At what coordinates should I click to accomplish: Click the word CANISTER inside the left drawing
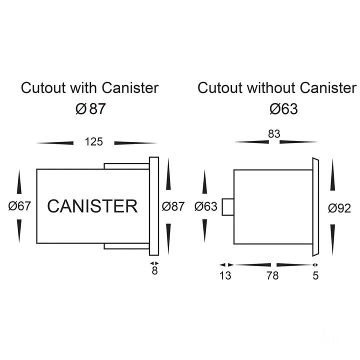(x=92, y=206)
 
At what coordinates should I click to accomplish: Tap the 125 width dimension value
(x=93, y=142)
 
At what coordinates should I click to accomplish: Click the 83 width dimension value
(x=274, y=134)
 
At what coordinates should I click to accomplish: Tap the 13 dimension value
(x=225, y=275)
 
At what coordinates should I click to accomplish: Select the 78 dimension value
(x=273, y=275)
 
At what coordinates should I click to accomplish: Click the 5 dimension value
(x=315, y=275)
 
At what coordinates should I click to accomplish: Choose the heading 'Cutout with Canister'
(x=90, y=88)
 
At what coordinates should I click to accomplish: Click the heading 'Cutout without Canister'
(x=277, y=88)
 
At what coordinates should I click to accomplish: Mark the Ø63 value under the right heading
(x=283, y=108)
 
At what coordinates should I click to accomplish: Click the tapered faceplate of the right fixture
(x=315, y=206)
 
